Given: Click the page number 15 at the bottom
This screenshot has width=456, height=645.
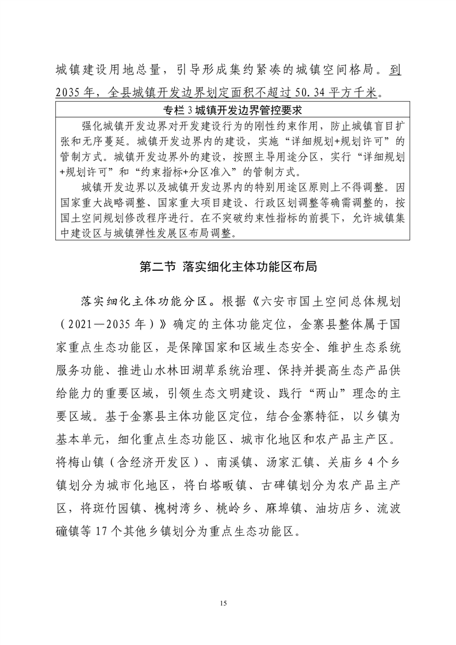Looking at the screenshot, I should point(228,603).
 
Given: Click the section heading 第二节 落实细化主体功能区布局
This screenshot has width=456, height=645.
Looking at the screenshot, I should point(228,267).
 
